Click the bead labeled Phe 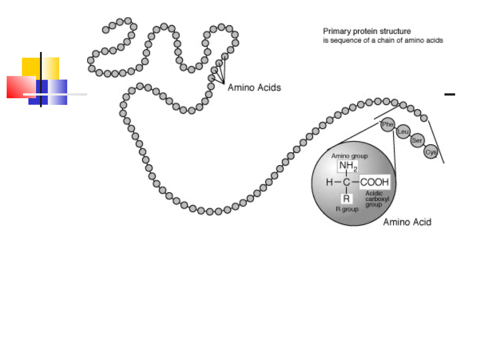pos(388,124)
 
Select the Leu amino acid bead pos(403,132)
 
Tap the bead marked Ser pos(417,141)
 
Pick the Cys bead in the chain pos(431,152)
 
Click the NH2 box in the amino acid pos(348,167)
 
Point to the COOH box pos(375,182)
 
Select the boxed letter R pos(346,199)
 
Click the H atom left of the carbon pos(329,182)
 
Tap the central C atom pos(346,182)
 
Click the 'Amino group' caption pos(349,156)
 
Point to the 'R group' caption pos(347,209)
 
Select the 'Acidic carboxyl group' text pos(377,199)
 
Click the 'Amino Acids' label pos(254,88)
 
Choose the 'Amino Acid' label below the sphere pos(407,222)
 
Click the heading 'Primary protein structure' pos(367,31)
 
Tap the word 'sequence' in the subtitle pos(341,40)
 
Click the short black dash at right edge pos(450,94)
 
